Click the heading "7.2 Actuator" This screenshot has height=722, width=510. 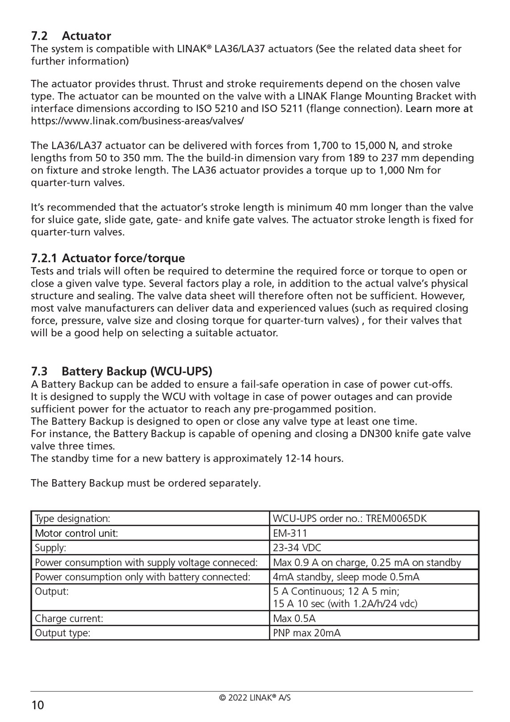(71, 36)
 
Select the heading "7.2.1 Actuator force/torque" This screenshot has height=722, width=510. (108, 258)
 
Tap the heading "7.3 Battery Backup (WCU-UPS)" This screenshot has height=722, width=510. (121, 371)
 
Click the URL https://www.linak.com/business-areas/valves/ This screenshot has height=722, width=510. (137, 121)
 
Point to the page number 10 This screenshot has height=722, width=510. (38, 705)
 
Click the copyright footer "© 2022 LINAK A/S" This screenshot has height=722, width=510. (255, 697)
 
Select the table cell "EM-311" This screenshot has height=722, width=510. (290, 533)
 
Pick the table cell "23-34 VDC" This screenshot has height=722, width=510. (297, 548)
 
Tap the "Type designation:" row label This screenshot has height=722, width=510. (72, 518)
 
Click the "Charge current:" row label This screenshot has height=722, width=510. (69, 618)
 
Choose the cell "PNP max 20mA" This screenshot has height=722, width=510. (307, 633)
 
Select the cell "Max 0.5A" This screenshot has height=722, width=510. (294, 618)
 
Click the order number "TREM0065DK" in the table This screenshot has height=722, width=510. (397, 518)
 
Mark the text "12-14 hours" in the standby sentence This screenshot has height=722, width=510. (313, 459)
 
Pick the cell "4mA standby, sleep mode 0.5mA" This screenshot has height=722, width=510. (346, 577)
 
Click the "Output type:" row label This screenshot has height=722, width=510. (62, 633)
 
